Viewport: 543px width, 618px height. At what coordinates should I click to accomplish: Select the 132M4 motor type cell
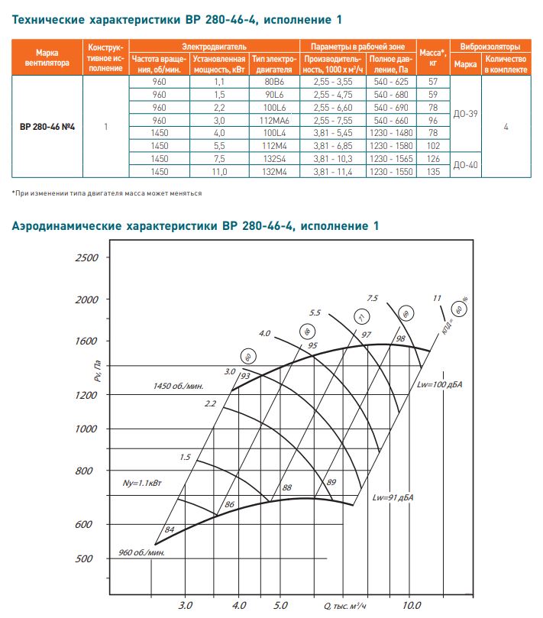click(x=273, y=173)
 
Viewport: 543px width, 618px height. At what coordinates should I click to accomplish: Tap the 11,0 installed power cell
click(x=218, y=173)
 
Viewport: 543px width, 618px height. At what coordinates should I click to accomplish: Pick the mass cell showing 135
click(x=433, y=173)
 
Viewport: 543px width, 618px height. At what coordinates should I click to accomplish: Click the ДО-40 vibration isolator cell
click(x=465, y=166)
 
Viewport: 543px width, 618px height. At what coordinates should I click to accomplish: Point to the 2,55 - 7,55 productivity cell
click(x=332, y=120)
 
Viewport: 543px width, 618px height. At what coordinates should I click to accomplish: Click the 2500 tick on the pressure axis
click(x=87, y=258)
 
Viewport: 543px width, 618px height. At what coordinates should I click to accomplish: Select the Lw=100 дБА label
click(x=440, y=383)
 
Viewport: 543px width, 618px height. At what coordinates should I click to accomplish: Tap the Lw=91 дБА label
click(x=394, y=497)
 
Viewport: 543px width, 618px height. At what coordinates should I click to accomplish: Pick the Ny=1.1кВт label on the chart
click(x=143, y=484)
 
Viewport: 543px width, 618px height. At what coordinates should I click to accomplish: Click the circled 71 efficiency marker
click(x=362, y=317)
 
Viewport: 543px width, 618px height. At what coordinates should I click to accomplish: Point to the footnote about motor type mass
click(x=107, y=193)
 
